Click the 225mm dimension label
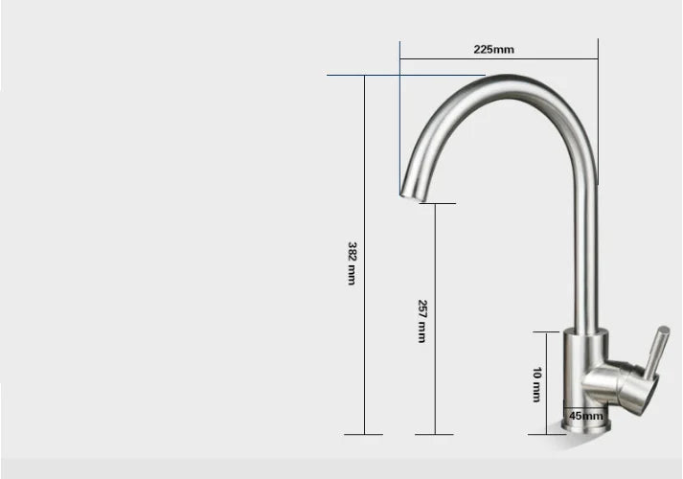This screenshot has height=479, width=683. (494, 49)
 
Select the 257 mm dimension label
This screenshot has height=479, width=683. (421, 321)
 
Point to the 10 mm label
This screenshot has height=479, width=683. (537, 384)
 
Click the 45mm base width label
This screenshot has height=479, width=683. (586, 416)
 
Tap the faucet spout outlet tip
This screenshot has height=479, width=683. (406, 196)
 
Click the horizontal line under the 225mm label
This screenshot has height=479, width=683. (498, 59)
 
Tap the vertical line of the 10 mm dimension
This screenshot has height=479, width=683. (550, 383)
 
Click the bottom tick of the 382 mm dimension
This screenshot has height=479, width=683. (363, 435)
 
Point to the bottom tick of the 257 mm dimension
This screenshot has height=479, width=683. (436, 435)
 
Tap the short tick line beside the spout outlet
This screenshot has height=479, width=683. (437, 203)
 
